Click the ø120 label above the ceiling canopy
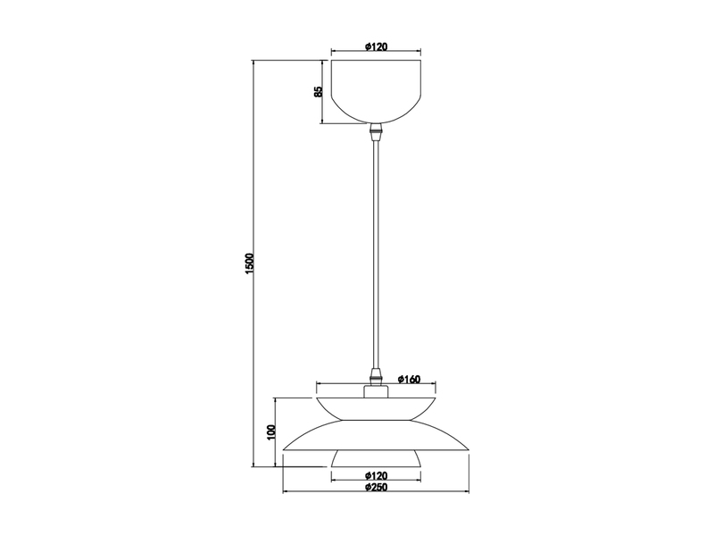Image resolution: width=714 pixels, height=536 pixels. click(x=377, y=46)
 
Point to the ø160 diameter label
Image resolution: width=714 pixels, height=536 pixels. click(x=409, y=379)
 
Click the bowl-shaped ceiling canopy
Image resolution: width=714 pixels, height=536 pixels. click(x=377, y=89)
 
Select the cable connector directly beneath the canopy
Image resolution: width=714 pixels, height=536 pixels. click(x=377, y=132)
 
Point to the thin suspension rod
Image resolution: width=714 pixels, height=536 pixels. click(x=377, y=250)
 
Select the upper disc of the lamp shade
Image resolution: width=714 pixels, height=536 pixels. click(x=377, y=406)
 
